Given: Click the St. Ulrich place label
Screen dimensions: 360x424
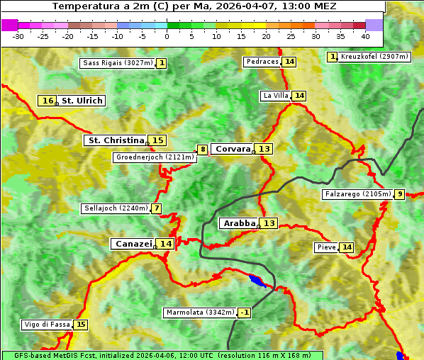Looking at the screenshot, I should point(82,101).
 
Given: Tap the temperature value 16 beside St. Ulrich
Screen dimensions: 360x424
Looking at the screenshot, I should point(48,101).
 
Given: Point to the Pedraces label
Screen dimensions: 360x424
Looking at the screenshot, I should point(262,62).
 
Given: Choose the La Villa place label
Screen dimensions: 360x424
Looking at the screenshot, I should point(275,96).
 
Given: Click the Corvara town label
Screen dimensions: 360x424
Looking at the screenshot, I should point(233,149).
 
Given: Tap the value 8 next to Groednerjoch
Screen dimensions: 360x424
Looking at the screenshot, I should point(203,150).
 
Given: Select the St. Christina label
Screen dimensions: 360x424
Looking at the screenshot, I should point(115,140).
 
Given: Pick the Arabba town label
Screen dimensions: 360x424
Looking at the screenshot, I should point(239,223).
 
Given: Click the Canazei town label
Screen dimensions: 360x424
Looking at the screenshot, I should point(133,244).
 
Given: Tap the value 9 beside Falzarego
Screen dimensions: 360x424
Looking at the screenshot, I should point(399,194).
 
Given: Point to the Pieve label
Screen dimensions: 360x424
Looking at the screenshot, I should point(326,247).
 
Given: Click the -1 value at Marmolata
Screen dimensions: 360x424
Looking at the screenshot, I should point(244,313).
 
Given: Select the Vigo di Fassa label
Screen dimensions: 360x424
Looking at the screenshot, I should point(48,325).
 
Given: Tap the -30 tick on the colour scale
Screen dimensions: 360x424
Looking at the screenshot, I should point(18,36).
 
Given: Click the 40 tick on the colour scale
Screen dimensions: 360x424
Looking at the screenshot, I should point(365,36).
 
